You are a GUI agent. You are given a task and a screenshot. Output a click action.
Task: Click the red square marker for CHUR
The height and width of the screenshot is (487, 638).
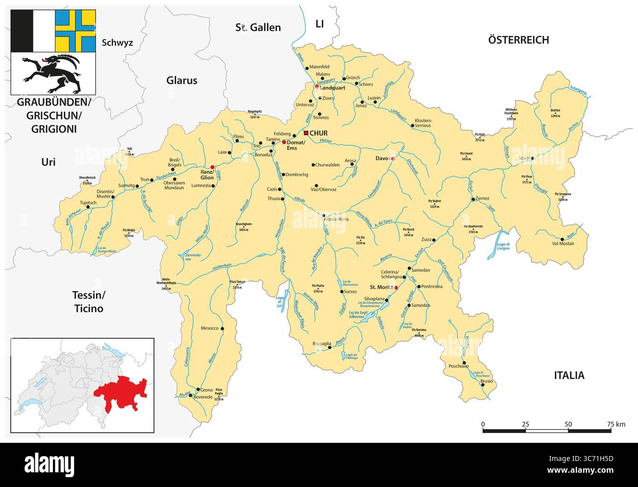coord(306,133)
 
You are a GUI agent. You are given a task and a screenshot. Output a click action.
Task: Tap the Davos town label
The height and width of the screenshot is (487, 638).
coord(382,159)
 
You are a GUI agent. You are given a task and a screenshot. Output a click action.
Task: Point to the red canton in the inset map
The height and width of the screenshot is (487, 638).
coord(121,393)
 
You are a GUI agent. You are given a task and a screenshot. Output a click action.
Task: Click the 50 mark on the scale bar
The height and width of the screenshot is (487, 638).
coord(568,424)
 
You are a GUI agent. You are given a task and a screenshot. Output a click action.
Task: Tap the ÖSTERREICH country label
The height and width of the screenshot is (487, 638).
coord(518,40)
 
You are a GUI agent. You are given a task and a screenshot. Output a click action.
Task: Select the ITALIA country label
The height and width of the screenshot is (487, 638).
coord(569,376)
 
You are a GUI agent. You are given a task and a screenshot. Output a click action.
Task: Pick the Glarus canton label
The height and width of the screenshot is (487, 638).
coord(182,81)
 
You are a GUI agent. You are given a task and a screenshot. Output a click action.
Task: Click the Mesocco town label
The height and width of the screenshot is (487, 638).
coord(210,328)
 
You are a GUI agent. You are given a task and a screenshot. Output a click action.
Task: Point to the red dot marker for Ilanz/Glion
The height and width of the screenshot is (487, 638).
coord(213,167)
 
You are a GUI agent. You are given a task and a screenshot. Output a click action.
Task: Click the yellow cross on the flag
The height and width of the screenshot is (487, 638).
coord(75,31)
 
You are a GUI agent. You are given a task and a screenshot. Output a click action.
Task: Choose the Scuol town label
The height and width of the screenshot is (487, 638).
coord(524,158)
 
